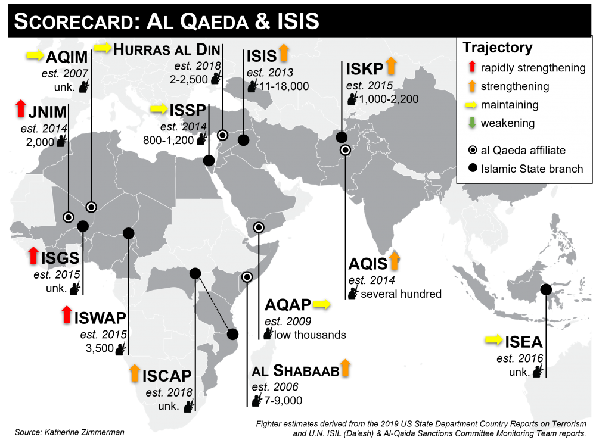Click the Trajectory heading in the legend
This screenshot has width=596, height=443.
coord(498,48)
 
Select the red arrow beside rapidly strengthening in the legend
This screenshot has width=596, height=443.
coord(471,68)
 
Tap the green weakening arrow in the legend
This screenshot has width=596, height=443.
coord(471,123)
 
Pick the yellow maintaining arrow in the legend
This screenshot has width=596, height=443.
coord(471,105)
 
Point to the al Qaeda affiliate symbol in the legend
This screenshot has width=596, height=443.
coord(471,150)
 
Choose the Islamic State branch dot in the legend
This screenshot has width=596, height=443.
coord(471,169)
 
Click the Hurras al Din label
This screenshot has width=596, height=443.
coord(167,49)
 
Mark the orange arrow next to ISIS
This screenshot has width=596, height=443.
coord(284,52)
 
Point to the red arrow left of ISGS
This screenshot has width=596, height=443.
coord(33,255)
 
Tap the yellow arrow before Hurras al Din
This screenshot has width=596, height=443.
coord(103,48)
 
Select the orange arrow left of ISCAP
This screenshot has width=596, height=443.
coord(135,373)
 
